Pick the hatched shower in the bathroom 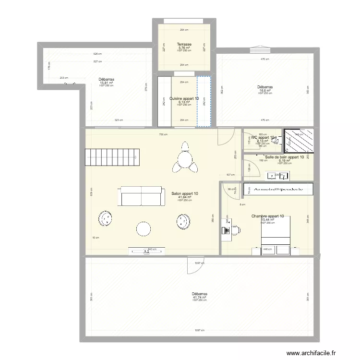point(299,140)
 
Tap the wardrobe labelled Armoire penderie point(278,190)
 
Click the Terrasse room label point(184,44)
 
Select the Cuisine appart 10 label point(184,98)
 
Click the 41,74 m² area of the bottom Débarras point(199,297)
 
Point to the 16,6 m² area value point(265,90)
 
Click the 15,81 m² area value point(106,83)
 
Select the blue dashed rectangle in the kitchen point(204,102)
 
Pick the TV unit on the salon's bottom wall point(147,250)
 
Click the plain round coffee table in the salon point(144,229)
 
